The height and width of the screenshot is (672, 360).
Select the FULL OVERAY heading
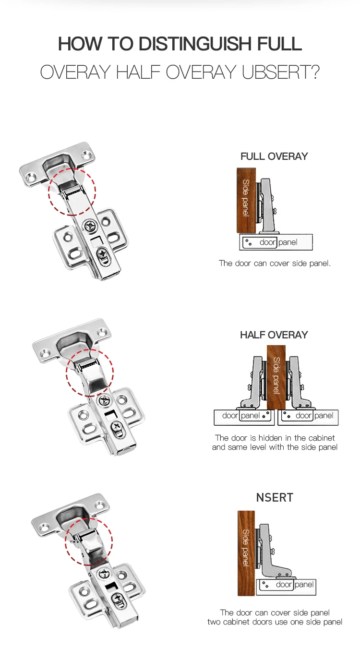(274, 156)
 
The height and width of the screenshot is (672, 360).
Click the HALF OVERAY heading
(274, 335)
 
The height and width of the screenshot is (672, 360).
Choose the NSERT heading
(275, 498)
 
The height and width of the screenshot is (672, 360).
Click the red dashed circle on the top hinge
(72, 191)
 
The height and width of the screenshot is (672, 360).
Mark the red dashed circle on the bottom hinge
(89, 541)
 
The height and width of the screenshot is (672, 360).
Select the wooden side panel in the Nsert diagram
(246, 552)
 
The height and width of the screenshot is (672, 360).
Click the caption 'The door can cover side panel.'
(275, 263)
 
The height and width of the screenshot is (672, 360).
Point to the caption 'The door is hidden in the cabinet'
(275, 438)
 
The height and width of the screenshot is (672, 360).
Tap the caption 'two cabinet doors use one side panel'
(275, 622)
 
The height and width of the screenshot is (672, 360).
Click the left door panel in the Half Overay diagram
(244, 416)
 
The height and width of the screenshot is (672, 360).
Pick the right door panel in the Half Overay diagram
(308, 416)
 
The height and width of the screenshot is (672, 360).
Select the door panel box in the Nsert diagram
(287, 585)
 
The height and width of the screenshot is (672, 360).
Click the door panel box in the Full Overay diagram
(276, 242)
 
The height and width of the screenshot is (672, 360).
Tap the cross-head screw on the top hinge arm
(90, 225)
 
